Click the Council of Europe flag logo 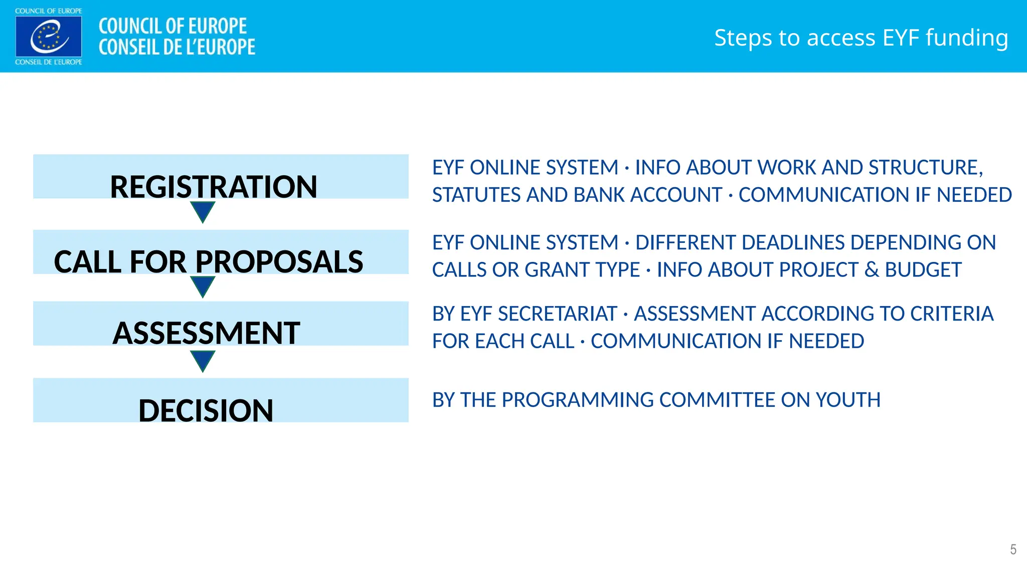click(x=49, y=37)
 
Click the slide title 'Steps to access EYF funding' click(x=861, y=38)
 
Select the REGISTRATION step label click(x=214, y=187)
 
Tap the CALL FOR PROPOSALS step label click(x=209, y=261)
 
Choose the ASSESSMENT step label click(x=207, y=333)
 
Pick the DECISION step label click(x=206, y=410)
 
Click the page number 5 click(x=1013, y=549)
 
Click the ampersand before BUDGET click(x=872, y=270)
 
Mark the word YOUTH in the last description click(x=848, y=400)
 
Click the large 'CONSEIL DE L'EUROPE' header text click(x=177, y=47)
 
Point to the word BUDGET click(x=923, y=270)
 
